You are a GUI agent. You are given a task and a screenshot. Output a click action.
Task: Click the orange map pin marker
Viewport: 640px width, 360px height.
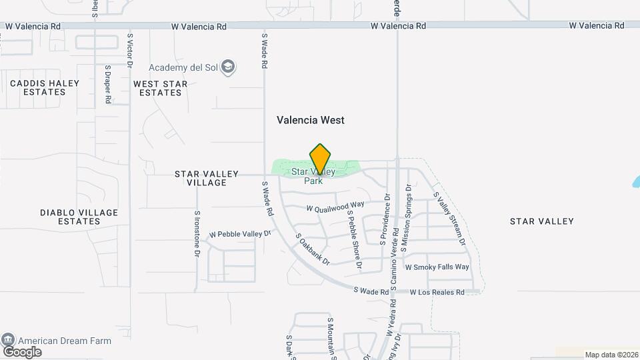point(320,159)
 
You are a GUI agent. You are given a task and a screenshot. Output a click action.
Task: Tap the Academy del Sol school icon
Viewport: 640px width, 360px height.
point(229,67)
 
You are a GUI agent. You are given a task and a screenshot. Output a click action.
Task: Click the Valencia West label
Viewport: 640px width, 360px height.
point(311,120)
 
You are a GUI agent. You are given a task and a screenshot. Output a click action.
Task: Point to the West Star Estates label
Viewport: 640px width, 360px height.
point(161,88)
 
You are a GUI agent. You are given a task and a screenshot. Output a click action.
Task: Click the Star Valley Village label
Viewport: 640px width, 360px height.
point(207,178)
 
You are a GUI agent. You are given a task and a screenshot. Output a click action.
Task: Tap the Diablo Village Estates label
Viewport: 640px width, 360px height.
point(79,217)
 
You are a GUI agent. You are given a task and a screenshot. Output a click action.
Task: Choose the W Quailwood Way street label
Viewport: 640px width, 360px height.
point(335,207)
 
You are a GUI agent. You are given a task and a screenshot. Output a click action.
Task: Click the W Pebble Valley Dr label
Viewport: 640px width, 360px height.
point(241,234)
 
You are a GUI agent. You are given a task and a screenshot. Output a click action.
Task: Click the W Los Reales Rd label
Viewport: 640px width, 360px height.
point(437,292)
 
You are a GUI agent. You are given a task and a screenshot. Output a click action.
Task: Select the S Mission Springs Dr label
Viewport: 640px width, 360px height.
point(409,218)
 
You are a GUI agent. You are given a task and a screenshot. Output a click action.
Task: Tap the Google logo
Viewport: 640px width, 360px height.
point(22,352)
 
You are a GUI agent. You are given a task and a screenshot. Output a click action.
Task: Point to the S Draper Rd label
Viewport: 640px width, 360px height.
point(108,83)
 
